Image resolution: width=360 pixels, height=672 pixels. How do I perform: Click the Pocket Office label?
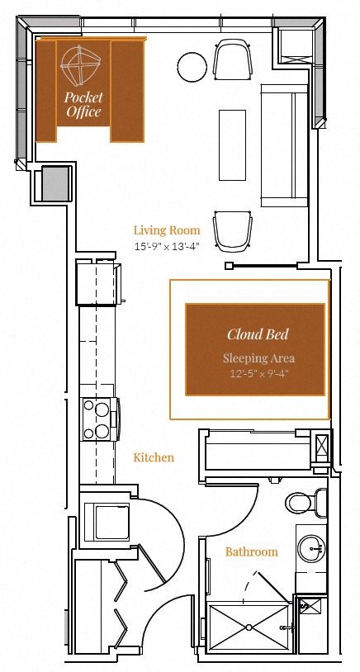(83, 104)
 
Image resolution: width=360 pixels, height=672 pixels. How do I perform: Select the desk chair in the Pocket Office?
(82, 66)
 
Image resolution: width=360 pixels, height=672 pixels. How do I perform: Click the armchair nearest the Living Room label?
(231, 231)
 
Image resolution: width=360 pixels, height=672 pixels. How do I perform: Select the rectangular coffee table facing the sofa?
(231, 144)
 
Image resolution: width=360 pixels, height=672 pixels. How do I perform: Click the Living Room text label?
(168, 230)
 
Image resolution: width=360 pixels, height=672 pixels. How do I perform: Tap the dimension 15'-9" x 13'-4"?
(168, 246)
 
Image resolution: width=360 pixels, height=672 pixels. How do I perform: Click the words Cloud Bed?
(258, 334)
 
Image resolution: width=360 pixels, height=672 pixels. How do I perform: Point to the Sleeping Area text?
(258, 358)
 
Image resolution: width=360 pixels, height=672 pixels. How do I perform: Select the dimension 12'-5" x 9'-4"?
(258, 373)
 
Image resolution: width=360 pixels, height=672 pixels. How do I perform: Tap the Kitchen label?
(154, 457)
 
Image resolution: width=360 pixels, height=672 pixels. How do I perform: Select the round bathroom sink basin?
(310, 547)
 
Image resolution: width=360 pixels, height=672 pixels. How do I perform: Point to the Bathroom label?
(251, 551)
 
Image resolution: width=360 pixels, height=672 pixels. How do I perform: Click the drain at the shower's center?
(249, 628)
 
